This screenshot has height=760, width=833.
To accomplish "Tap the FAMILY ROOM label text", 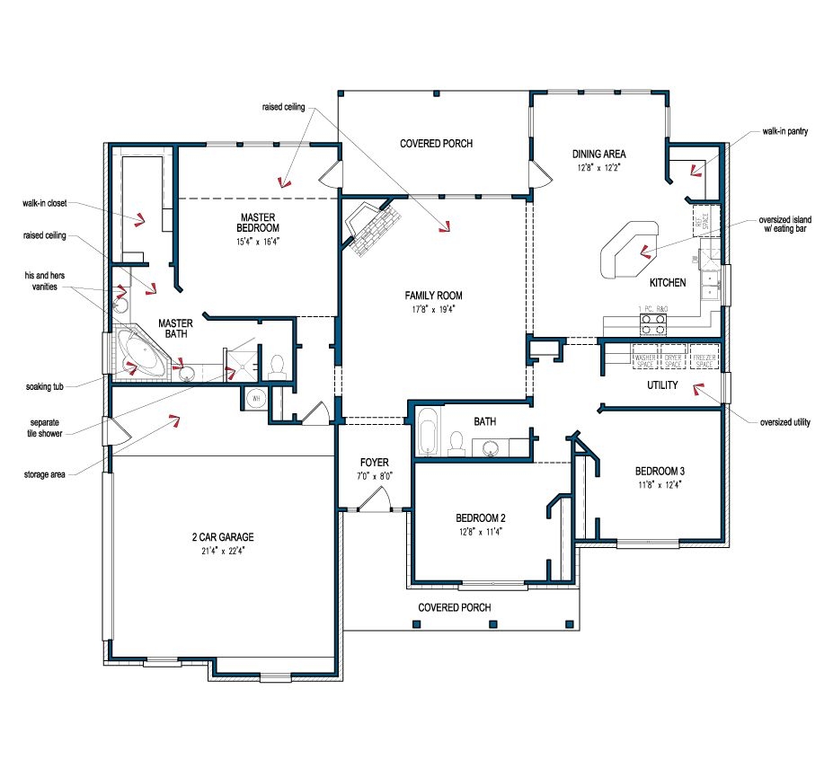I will pyautogui.click(x=433, y=296).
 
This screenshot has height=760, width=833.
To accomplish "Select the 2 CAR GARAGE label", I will pyautogui.click(x=222, y=537).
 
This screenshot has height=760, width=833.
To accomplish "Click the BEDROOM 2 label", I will pyautogui.click(x=480, y=517).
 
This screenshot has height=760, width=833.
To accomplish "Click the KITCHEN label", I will pyautogui.click(x=667, y=283).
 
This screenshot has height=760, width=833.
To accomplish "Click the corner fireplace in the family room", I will pyautogui.click(x=372, y=229).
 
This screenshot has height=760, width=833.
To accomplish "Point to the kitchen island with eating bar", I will pyautogui.click(x=629, y=248).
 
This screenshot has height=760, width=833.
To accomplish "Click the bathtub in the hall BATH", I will pyautogui.click(x=428, y=432).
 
